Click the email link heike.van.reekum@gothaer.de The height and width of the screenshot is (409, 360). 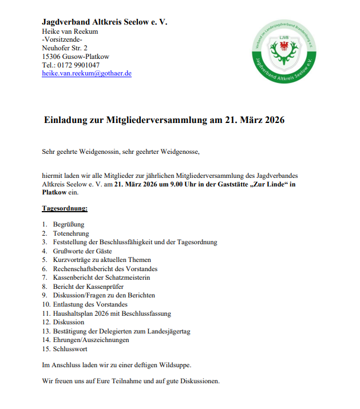tap(86, 73)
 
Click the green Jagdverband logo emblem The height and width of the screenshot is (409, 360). tap(284, 51)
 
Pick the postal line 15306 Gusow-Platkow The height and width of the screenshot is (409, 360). tap(76, 57)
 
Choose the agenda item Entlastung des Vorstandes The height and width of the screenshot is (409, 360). tap(94, 304)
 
